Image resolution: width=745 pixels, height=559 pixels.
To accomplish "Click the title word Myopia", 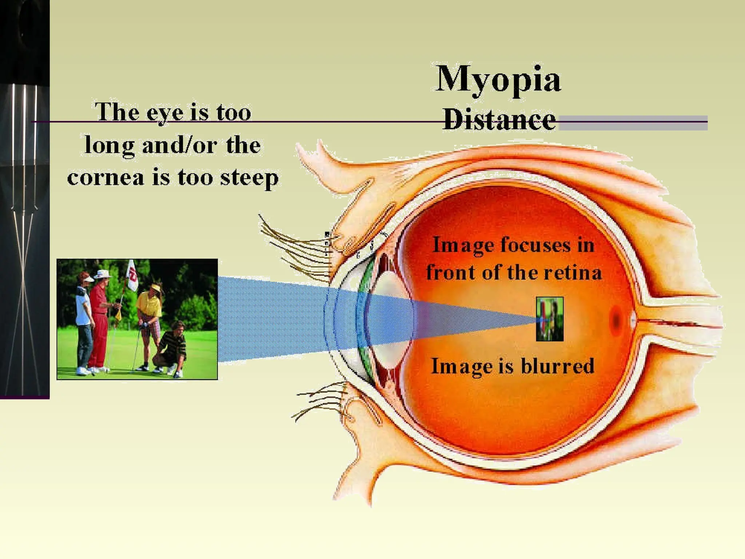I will [x=498, y=79].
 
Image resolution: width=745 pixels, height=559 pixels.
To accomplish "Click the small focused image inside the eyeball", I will [x=550, y=319].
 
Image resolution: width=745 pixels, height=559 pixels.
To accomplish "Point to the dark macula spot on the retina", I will [x=616, y=320].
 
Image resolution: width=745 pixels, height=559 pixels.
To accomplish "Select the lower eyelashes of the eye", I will [x=316, y=404].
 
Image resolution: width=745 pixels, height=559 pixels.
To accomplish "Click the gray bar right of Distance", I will [x=633, y=123].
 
